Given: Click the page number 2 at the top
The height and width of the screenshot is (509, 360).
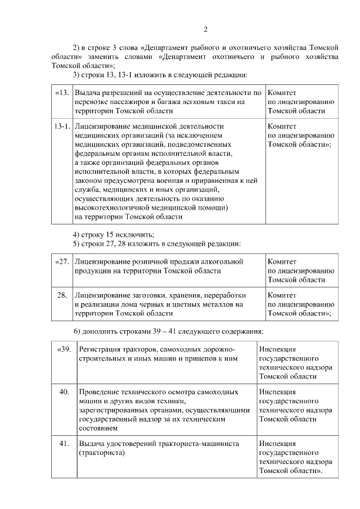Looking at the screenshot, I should click(206, 29).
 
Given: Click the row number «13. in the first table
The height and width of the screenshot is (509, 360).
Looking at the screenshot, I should click(62, 92).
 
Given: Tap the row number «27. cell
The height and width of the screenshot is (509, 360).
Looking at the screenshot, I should click(62, 262).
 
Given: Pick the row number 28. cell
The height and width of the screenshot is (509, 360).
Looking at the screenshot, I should click(63, 295).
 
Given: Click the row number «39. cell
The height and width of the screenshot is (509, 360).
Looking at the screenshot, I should click(64, 349).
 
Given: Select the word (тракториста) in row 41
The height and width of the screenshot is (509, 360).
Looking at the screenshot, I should click(101, 452).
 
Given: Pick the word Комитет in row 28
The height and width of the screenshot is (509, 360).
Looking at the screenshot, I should click(282, 295).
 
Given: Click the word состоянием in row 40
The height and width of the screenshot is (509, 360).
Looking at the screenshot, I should click(98, 428).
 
